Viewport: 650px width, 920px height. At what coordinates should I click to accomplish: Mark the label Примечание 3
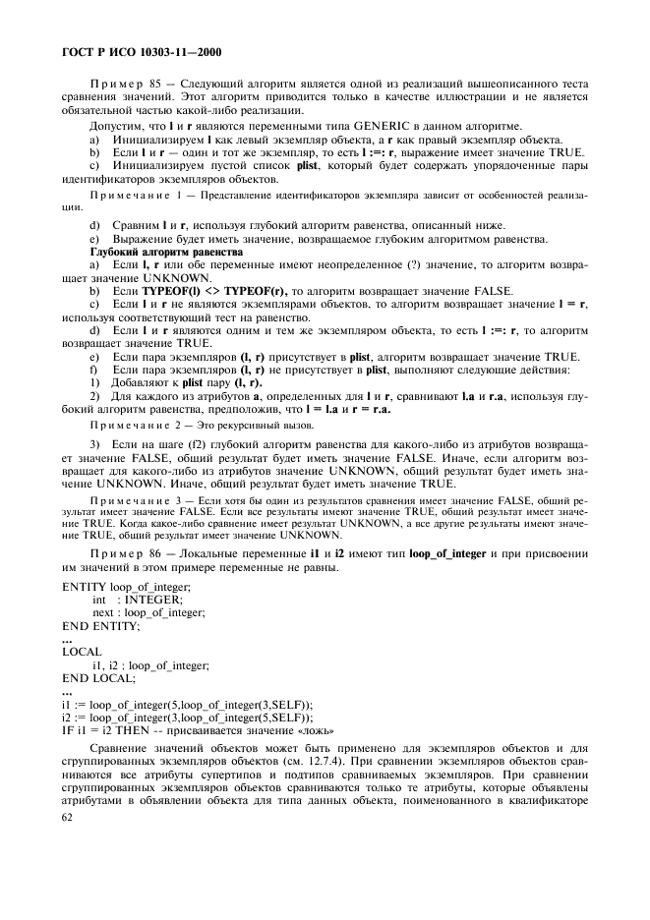coord(136,500)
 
